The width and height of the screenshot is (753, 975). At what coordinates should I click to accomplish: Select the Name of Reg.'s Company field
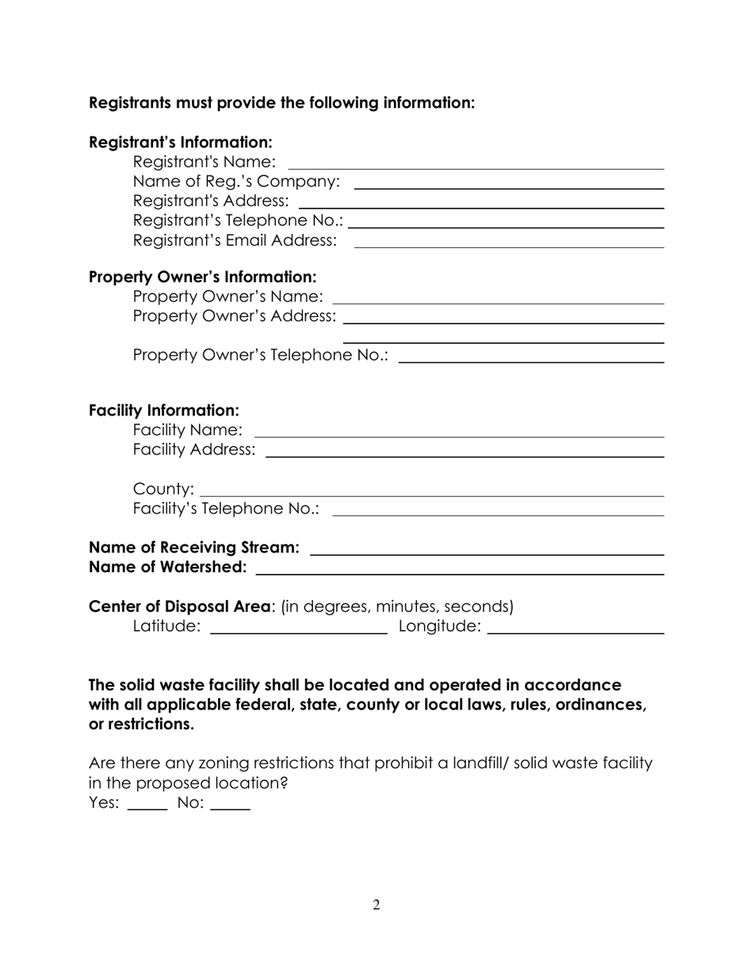tap(508, 182)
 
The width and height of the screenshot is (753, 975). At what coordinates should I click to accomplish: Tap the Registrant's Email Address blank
tap(508, 241)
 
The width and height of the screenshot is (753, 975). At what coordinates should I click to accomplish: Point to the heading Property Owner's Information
tap(202, 277)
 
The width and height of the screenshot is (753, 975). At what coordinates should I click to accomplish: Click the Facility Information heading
tap(163, 411)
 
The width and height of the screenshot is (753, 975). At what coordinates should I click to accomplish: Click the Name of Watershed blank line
tap(460, 568)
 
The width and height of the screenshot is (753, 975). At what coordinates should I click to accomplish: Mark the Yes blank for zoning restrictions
tap(147, 804)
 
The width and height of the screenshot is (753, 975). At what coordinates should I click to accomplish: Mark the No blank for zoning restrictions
tap(231, 804)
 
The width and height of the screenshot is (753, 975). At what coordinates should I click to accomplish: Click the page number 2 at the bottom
tap(376, 905)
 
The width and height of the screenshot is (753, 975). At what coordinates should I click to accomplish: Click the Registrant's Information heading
tap(181, 143)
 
